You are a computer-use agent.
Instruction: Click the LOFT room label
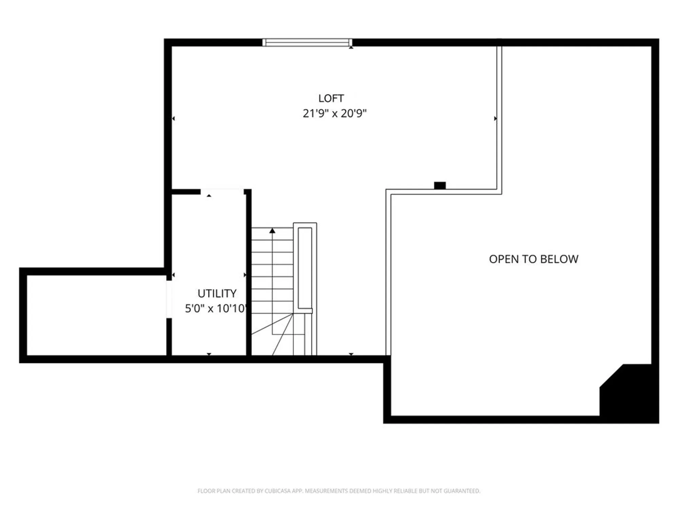[331, 98]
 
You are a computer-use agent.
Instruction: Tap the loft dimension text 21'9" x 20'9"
[334, 113]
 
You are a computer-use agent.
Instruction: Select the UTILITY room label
[217, 293]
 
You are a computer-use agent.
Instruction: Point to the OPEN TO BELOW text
[533, 259]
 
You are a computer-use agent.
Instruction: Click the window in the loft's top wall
[307, 42]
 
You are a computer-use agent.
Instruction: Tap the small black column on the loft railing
[440, 185]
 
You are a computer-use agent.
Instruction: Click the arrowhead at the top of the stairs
[272, 231]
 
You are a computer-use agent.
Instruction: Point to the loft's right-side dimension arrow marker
[495, 119]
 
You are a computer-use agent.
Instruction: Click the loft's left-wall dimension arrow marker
[174, 119]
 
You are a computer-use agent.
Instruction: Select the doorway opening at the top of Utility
[222, 192]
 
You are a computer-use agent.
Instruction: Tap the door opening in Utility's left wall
[168, 299]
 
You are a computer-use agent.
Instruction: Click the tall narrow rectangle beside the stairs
[305, 268]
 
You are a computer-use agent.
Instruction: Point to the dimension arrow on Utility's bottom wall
[209, 354]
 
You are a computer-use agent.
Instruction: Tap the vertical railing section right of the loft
[499, 119]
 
